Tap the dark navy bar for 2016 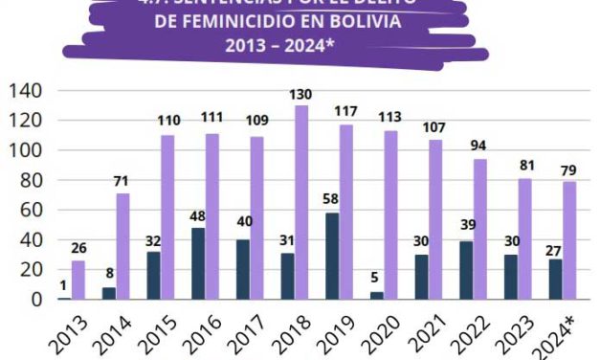tap(198, 263)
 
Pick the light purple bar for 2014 tap(122, 246)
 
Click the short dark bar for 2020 tap(376, 295)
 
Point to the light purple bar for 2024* tap(568, 240)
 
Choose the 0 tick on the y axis tap(35, 299)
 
